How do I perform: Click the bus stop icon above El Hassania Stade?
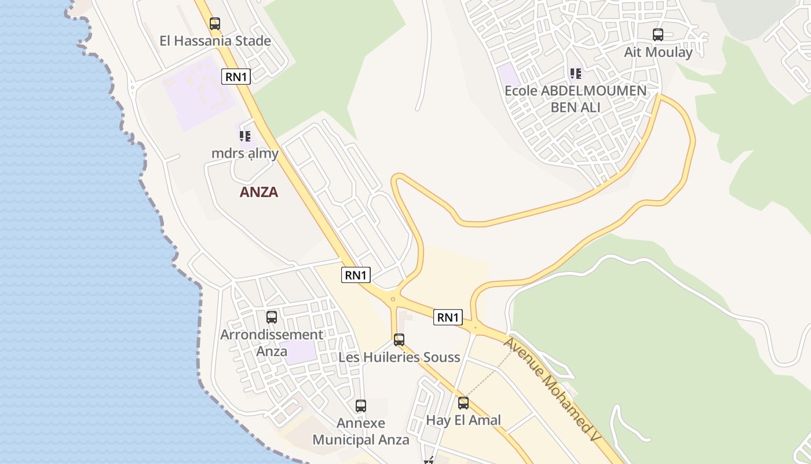point(215,24)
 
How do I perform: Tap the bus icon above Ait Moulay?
point(658,35)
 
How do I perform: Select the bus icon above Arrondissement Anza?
point(272,317)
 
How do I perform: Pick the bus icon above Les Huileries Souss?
point(399,340)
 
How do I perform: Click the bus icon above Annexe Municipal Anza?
point(361,406)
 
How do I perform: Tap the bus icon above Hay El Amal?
point(463,403)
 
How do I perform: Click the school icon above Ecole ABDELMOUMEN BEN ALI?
point(575,74)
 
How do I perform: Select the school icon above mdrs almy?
point(244,136)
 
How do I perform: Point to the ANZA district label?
point(259,192)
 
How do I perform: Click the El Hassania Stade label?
point(215,41)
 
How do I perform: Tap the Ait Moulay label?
point(658,52)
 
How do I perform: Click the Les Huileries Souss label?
point(399,357)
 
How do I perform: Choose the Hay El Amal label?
point(463,420)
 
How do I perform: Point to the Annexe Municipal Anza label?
point(361,432)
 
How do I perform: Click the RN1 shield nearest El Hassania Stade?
point(236,77)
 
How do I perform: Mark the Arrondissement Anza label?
point(272,343)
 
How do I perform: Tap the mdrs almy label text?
point(244,154)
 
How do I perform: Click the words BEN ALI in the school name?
point(575,107)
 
